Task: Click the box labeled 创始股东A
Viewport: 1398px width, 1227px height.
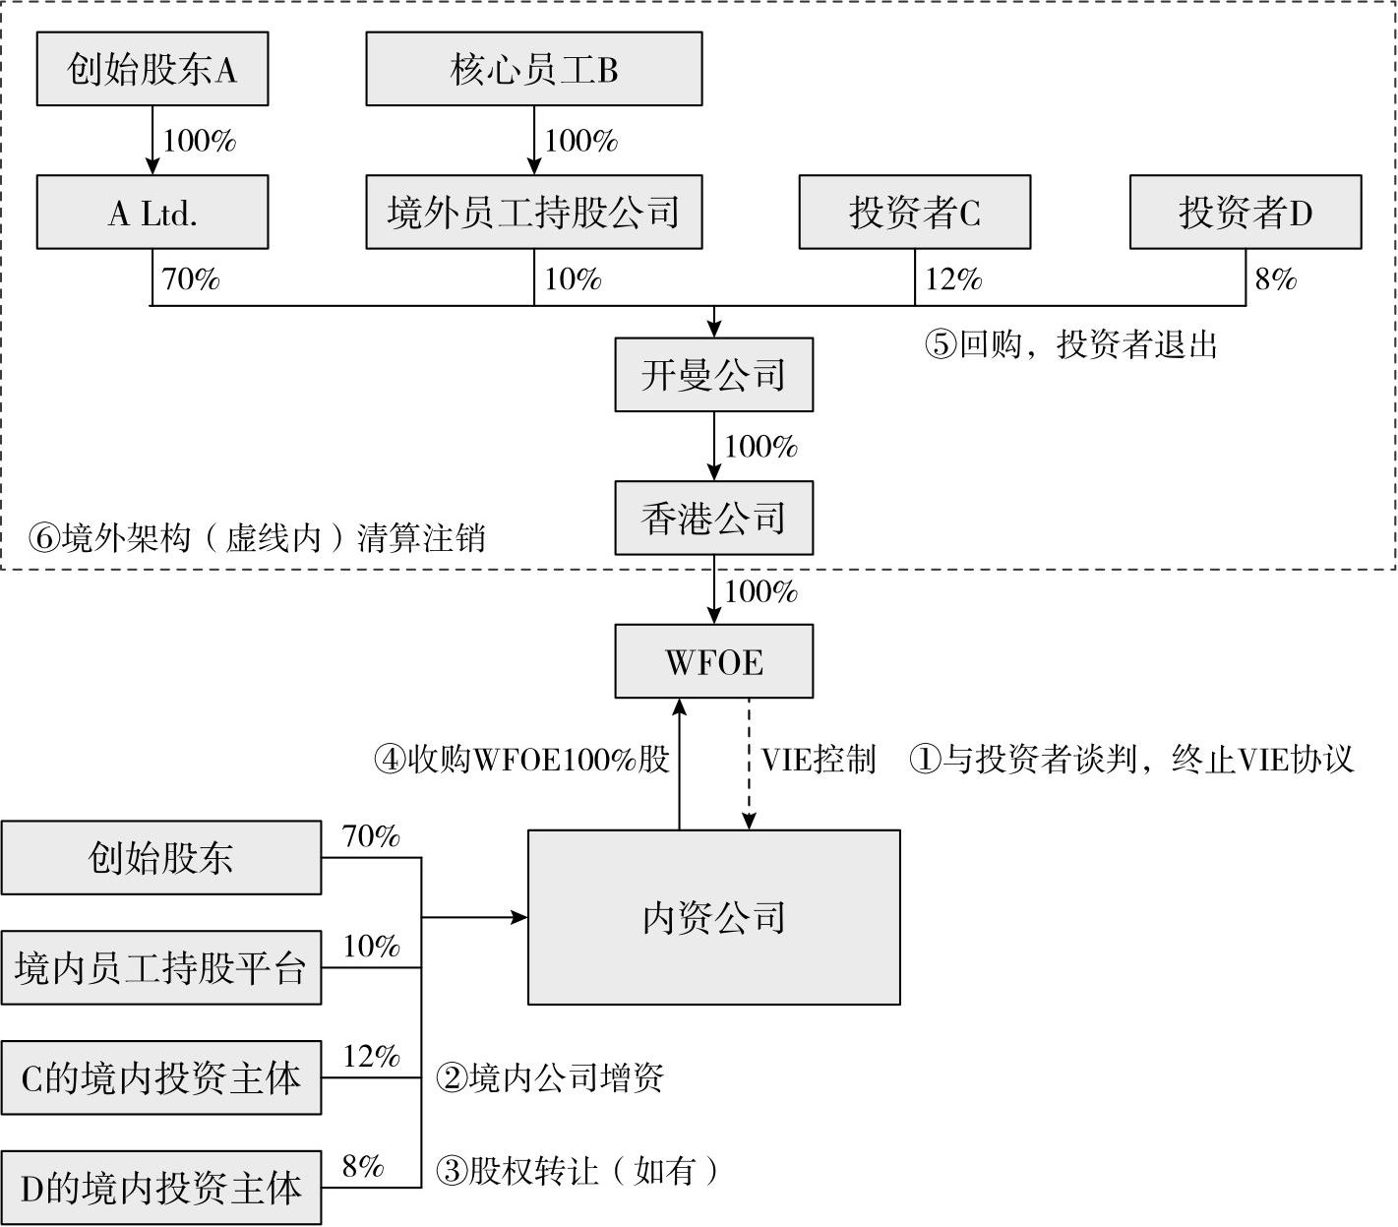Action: pos(152,69)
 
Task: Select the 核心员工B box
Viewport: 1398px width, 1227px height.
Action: pos(534,69)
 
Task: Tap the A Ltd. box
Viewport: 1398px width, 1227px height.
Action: pos(152,213)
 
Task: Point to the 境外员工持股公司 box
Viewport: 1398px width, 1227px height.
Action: pos(534,213)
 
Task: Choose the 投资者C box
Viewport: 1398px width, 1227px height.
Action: pos(915,213)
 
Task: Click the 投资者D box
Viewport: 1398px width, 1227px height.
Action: pos(1246,213)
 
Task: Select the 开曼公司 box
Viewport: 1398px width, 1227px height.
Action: pos(714,375)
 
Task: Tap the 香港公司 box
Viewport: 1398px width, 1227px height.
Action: pos(714,519)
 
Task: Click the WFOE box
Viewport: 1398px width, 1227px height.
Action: pos(714,661)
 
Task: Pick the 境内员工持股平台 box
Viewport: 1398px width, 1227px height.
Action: pos(161,968)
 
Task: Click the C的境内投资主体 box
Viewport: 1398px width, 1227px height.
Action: pos(161,1078)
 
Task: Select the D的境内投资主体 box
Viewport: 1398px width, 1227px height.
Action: pos(161,1189)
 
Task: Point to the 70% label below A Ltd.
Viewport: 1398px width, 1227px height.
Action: pos(191,279)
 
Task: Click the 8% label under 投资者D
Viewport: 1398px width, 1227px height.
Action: pos(1275,279)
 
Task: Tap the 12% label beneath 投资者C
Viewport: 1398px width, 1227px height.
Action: pos(953,279)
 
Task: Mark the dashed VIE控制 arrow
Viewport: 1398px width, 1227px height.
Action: pos(750,764)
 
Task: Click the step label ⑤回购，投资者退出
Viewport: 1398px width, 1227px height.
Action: pos(1071,344)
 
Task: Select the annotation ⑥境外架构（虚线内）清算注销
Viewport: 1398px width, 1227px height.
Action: pos(257,538)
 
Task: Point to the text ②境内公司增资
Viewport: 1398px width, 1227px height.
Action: pos(550,1078)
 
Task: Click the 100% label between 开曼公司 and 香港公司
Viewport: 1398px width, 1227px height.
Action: pos(760,447)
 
